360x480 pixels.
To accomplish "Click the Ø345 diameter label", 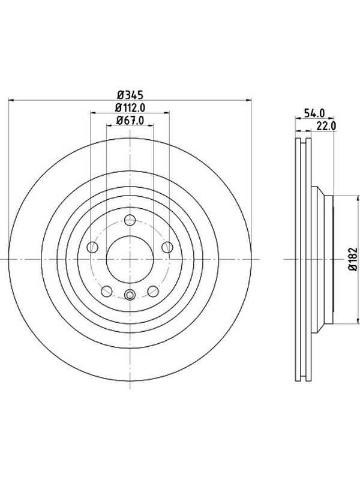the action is (x=130, y=95).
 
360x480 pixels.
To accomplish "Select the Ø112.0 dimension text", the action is (x=130, y=107).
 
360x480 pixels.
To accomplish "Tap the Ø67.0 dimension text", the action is (x=130, y=121).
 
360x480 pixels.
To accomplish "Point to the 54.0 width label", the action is (x=314, y=113).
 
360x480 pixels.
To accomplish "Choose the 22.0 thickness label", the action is (x=326, y=126).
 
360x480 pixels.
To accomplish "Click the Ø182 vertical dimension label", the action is (x=353, y=259).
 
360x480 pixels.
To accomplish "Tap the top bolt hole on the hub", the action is (x=130, y=220).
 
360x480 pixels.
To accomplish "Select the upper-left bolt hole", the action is (x=92, y=247).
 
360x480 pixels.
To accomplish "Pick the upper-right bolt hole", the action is (x=167, y=247).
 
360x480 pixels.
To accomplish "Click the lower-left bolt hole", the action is (x=107, y=291).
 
